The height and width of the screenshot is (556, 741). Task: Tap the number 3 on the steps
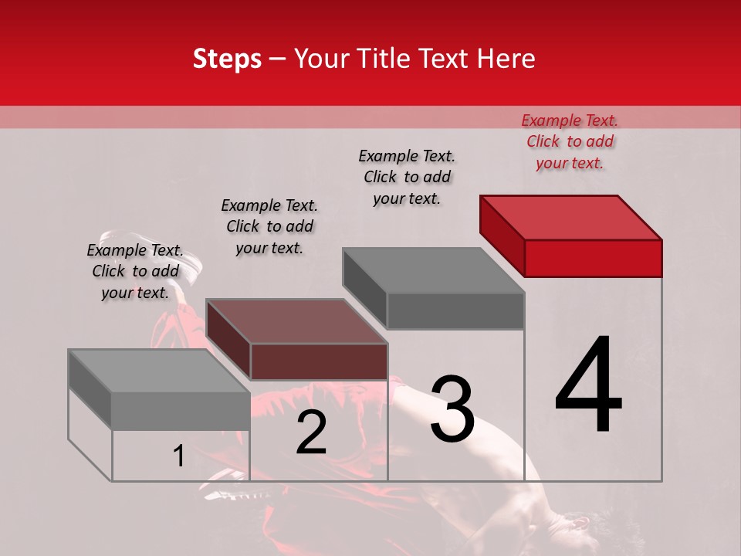452,409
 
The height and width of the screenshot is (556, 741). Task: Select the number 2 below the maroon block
311,432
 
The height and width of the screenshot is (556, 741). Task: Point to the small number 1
178,456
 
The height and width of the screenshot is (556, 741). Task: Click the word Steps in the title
227,59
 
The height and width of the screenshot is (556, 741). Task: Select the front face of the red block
593,258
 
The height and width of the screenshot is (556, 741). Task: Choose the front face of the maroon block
319,361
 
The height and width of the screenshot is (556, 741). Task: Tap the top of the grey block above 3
434,270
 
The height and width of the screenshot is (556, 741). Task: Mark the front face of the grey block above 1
181,411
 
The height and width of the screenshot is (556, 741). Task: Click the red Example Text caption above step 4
570,141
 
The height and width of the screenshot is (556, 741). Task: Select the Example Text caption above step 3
407,177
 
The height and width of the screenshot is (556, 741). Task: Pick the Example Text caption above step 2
269,226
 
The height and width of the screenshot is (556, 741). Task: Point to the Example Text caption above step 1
135,271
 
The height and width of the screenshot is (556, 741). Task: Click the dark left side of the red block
502,235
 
